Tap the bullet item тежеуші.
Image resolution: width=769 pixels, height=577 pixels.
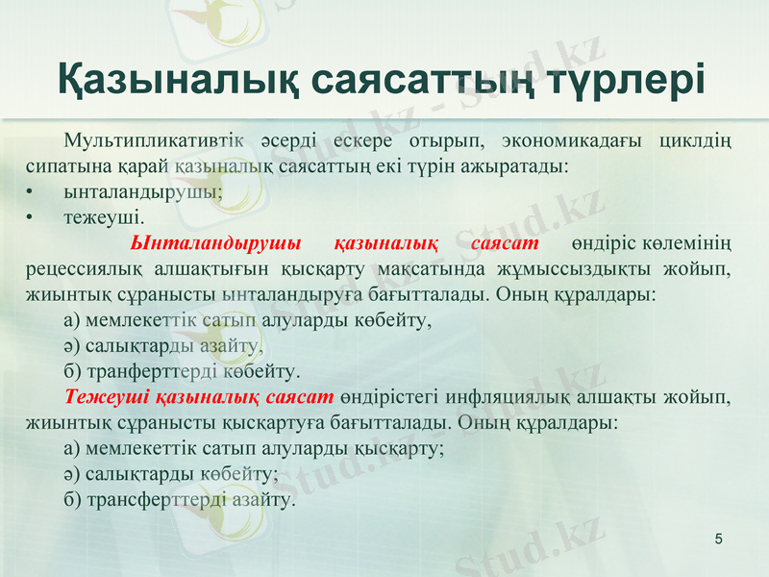(104, 215)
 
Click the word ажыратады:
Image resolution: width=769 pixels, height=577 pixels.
(521, 165)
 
